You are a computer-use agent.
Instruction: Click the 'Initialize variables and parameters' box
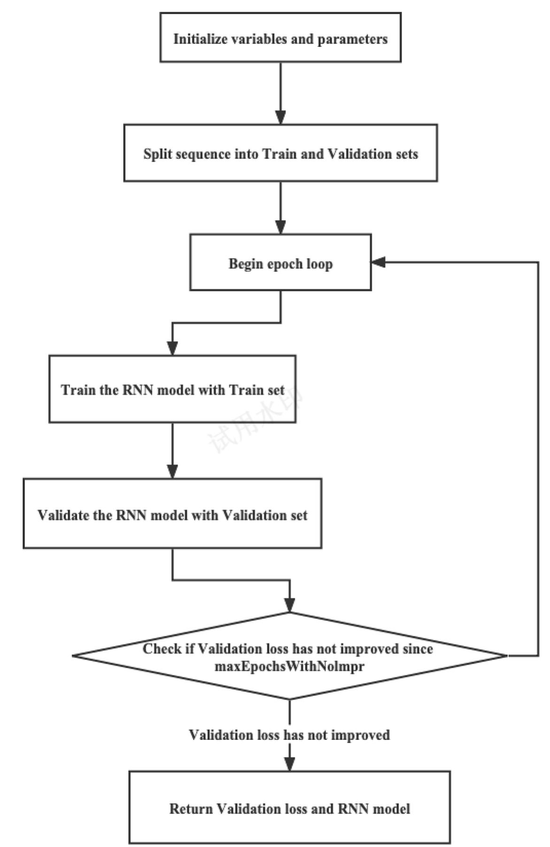point(280,38)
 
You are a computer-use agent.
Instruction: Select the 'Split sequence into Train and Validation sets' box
point(280,153)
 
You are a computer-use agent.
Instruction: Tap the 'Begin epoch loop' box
point(280,262)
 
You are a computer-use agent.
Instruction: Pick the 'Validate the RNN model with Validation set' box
point(172,514)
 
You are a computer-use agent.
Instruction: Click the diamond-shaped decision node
point(289,656)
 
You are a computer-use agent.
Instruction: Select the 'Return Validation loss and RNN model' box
point(289,809)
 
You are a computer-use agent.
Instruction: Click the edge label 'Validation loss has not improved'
point(289,735)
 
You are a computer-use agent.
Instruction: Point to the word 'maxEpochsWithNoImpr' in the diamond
point(289,666)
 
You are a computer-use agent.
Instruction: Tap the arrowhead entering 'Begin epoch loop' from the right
point(379,262)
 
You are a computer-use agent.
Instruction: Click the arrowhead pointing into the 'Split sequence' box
point(280,117)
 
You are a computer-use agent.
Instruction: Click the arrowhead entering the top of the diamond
point(290,605)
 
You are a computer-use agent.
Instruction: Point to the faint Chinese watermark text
point(254,420)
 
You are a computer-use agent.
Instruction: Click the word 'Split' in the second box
point(155,154)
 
